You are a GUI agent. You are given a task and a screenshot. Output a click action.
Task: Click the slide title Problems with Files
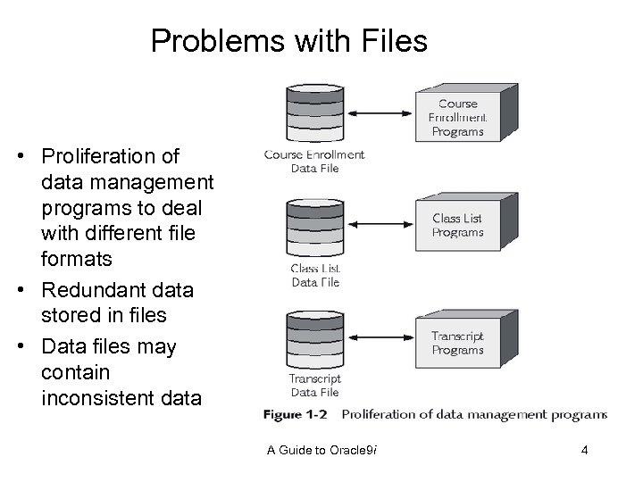[x=289, y=40]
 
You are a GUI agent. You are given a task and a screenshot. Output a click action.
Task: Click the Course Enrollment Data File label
[x=314, y=161]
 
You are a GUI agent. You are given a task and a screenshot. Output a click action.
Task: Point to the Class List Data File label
[x=315, y=275]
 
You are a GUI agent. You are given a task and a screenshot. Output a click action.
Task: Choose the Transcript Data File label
[x=314, y=385]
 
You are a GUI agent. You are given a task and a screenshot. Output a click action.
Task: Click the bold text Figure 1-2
[x=296, y=414]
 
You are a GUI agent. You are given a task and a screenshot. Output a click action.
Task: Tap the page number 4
[x=584, y=450]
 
